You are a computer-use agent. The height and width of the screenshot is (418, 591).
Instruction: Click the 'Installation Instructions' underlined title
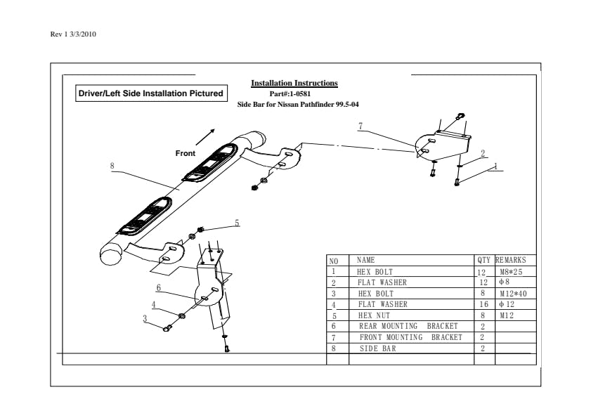(x=294, y=84)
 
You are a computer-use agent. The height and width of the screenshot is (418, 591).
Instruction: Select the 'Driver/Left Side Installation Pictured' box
(x=150, y=93)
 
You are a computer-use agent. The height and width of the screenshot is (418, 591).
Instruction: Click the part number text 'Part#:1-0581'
(x=295, y=93)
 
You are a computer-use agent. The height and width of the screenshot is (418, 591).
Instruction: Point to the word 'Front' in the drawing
(x=186, y=153)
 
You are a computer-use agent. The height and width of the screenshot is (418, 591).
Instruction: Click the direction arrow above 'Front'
(x=206, y=136)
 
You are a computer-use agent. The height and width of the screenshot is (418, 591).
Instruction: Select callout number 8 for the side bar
(x=112, y=166)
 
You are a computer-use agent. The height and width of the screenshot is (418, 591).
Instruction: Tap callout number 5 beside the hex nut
(x=237, y=223)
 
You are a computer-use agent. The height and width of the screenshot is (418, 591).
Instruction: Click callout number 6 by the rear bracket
(x=159, y=287)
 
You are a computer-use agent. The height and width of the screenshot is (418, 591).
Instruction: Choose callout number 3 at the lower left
(x=145, y=318)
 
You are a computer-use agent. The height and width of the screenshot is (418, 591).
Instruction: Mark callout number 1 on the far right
(x=495, y=166)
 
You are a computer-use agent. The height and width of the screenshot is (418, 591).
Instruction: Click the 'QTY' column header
(x=483, y=260)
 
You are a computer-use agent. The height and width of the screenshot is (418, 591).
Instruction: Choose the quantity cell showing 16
(x=483, y=304)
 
